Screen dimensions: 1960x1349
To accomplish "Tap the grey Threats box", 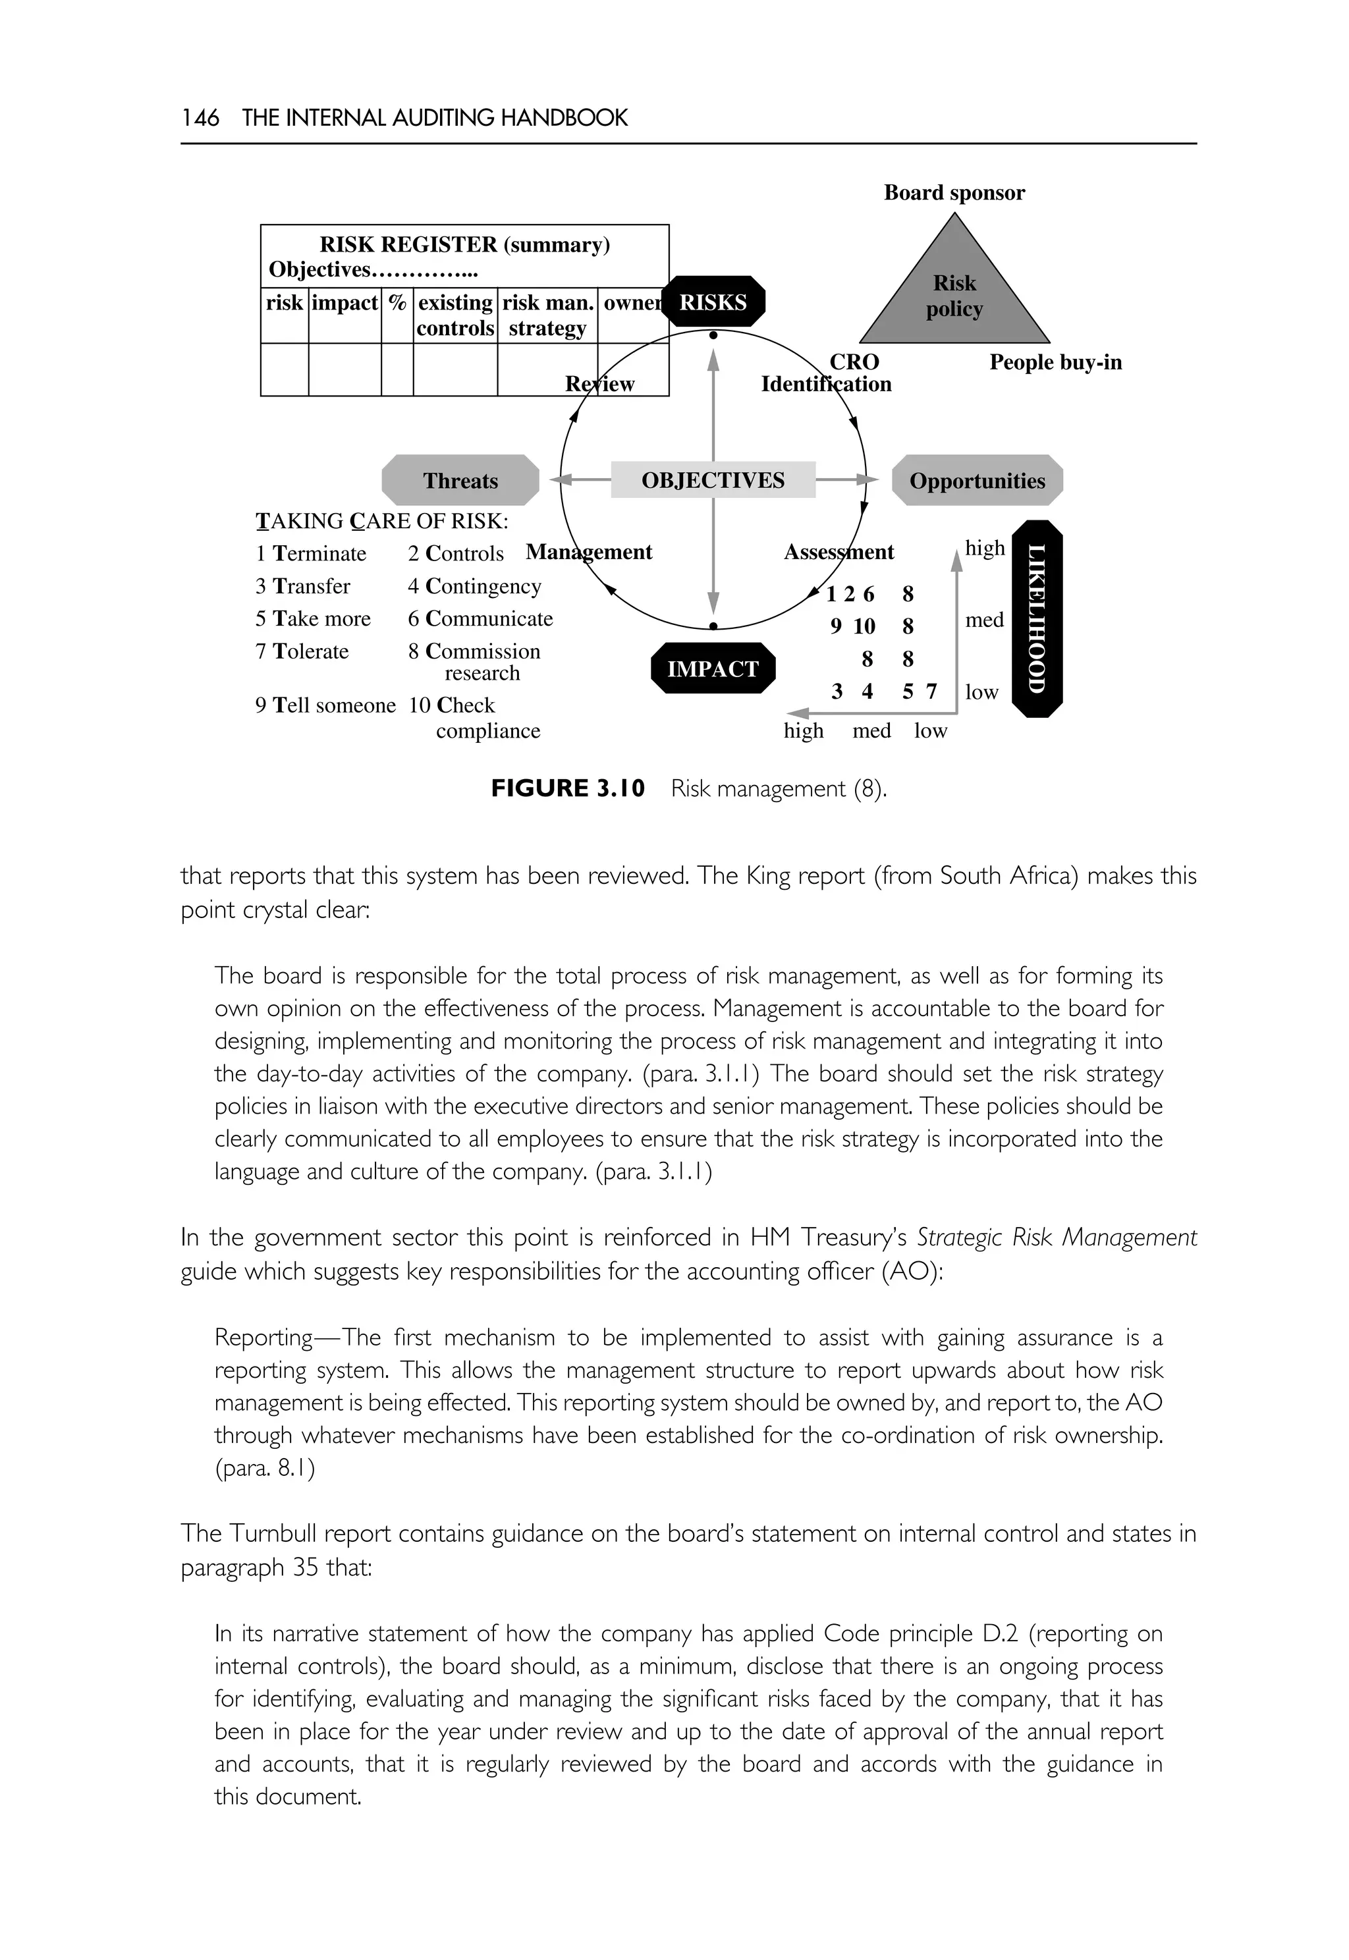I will (460, 480).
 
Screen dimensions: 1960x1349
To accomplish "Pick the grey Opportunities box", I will (977, 480).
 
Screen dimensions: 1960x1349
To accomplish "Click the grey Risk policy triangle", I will (954, 296).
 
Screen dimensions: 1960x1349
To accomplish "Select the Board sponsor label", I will (954, 193).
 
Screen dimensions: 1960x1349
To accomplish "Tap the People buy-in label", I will (1056, 363).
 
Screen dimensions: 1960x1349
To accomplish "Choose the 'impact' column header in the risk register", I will (344, 302).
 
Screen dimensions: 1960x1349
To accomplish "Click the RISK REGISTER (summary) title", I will (464, 244).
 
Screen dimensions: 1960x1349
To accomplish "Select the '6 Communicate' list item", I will (480, 618).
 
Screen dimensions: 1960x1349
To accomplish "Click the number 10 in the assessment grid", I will (864, 626).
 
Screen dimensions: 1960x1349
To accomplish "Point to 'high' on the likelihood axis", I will (985, 548).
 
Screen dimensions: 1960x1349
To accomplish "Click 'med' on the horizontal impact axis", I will (871, 730).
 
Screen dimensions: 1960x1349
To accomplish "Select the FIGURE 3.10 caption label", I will (568, 788).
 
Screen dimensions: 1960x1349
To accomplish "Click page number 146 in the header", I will (200, 117).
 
